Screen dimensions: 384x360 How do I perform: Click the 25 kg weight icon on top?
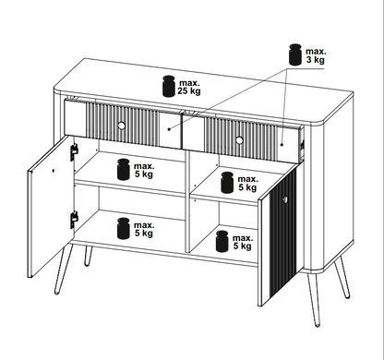point(169,86)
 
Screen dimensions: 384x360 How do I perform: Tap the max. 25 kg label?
point(189,87)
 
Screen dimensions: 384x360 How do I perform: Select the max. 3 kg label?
point(316,55)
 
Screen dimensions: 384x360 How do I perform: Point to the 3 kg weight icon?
point(295,54)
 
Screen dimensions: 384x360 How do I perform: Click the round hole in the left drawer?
point(121,126)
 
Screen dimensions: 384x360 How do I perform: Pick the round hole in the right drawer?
point(239,140)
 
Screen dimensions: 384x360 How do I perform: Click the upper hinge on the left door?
point(74,152)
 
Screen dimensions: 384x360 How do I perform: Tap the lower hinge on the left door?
point(74,220)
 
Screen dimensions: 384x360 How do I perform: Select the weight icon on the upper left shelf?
point(124,169)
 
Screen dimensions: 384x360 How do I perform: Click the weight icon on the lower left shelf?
point(124,228)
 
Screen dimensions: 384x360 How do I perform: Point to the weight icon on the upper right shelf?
point(227,183)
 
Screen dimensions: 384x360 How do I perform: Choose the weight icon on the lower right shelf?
point(222,241)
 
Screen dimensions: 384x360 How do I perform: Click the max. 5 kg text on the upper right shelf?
point(247,183)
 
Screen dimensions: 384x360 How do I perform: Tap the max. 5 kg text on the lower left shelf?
point(144,229)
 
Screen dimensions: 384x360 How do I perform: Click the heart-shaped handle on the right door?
point(285,199)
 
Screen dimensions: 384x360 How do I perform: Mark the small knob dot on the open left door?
point(54,170)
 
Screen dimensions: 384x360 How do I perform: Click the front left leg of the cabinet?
point(64,269)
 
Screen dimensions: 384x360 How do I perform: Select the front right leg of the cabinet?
point(314,299)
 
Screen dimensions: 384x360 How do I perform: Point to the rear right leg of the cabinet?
point(342,279)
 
